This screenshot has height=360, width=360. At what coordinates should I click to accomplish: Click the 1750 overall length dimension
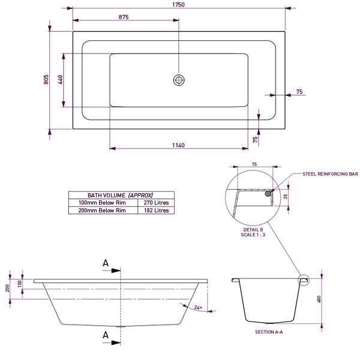point(178,4)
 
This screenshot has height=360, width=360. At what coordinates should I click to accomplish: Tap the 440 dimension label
point(60,81)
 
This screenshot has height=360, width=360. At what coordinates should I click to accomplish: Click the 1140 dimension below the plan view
point(178,146)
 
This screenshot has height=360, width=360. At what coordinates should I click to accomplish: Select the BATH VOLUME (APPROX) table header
point(121,196)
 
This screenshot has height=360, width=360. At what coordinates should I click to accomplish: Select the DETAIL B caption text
point(253,230)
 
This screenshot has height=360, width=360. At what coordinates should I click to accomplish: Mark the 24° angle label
point(199,308)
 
